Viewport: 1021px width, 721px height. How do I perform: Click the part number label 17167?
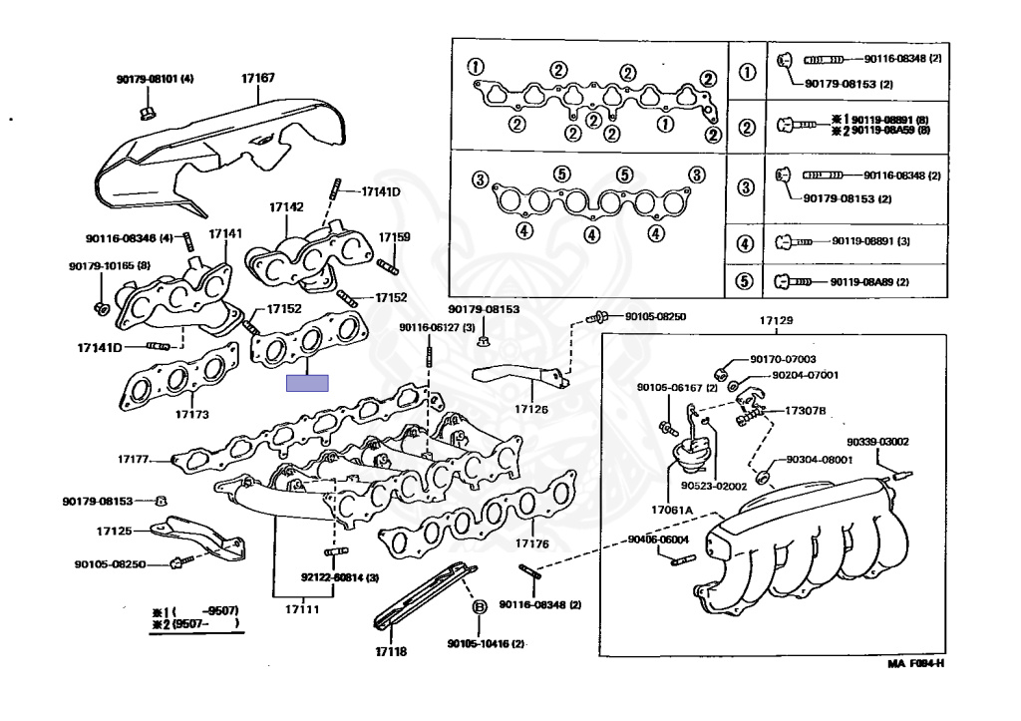(x=258, y=77)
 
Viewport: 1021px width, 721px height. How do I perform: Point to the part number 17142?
(x=285, y=207)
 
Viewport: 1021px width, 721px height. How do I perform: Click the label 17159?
(x=394, y=237)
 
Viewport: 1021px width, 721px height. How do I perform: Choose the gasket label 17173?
(x=191, y=413)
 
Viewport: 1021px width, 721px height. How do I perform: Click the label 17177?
(x=133, y=460)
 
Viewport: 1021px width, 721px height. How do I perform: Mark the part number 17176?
(x=531, y=544)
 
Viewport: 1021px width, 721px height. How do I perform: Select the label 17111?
(x=301, y=608)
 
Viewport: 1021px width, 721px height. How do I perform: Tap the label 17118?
(x=391, y=651)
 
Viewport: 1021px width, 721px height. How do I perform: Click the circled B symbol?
(x=478, y=605)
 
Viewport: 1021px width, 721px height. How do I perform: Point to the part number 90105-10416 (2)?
(x=486, y=643)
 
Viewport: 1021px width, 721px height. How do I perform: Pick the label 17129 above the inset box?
(x=776, y=321)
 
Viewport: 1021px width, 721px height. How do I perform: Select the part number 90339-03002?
(x=877, y=441)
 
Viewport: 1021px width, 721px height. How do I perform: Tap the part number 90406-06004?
(x=658, y=540)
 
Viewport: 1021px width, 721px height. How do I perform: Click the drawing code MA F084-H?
(x=915, y=663)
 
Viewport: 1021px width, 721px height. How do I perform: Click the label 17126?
(x=531, y=409)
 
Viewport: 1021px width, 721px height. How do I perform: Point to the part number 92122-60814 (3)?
(x=340, y=577)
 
